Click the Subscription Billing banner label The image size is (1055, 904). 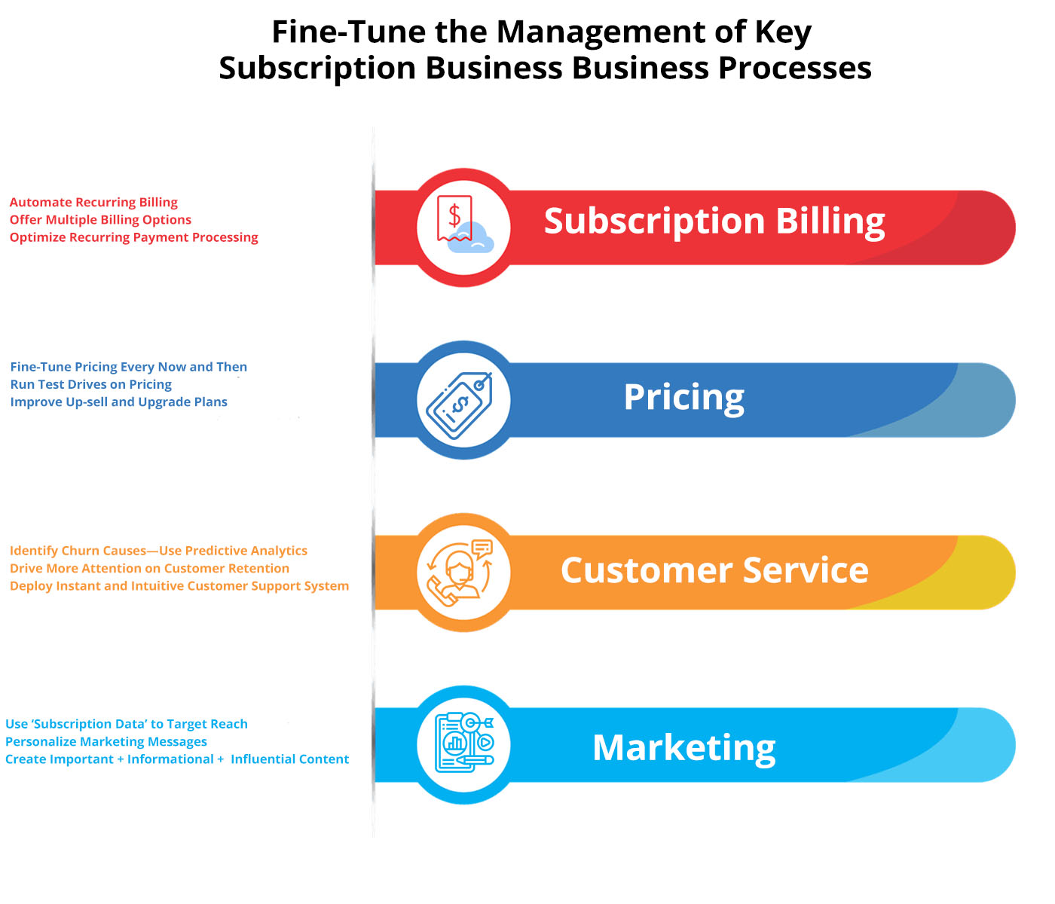[x=714, y=221]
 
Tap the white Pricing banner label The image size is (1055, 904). [x=683, y=397]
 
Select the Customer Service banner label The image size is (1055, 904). [x=714, y=570]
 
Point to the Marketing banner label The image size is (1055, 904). [x=683, y=747]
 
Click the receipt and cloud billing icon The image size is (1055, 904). [x=463, y=226]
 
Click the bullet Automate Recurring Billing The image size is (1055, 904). [x=93, y=202]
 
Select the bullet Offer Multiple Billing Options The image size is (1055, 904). [x=100, y=220]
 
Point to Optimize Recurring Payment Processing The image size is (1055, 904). [x=133, y=237]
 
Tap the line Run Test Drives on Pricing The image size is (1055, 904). [x=90, y=384]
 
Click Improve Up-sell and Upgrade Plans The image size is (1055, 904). [x=118, y=402]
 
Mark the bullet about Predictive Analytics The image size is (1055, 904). [x=158, y=551]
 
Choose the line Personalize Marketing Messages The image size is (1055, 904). [x=105, y=741]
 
